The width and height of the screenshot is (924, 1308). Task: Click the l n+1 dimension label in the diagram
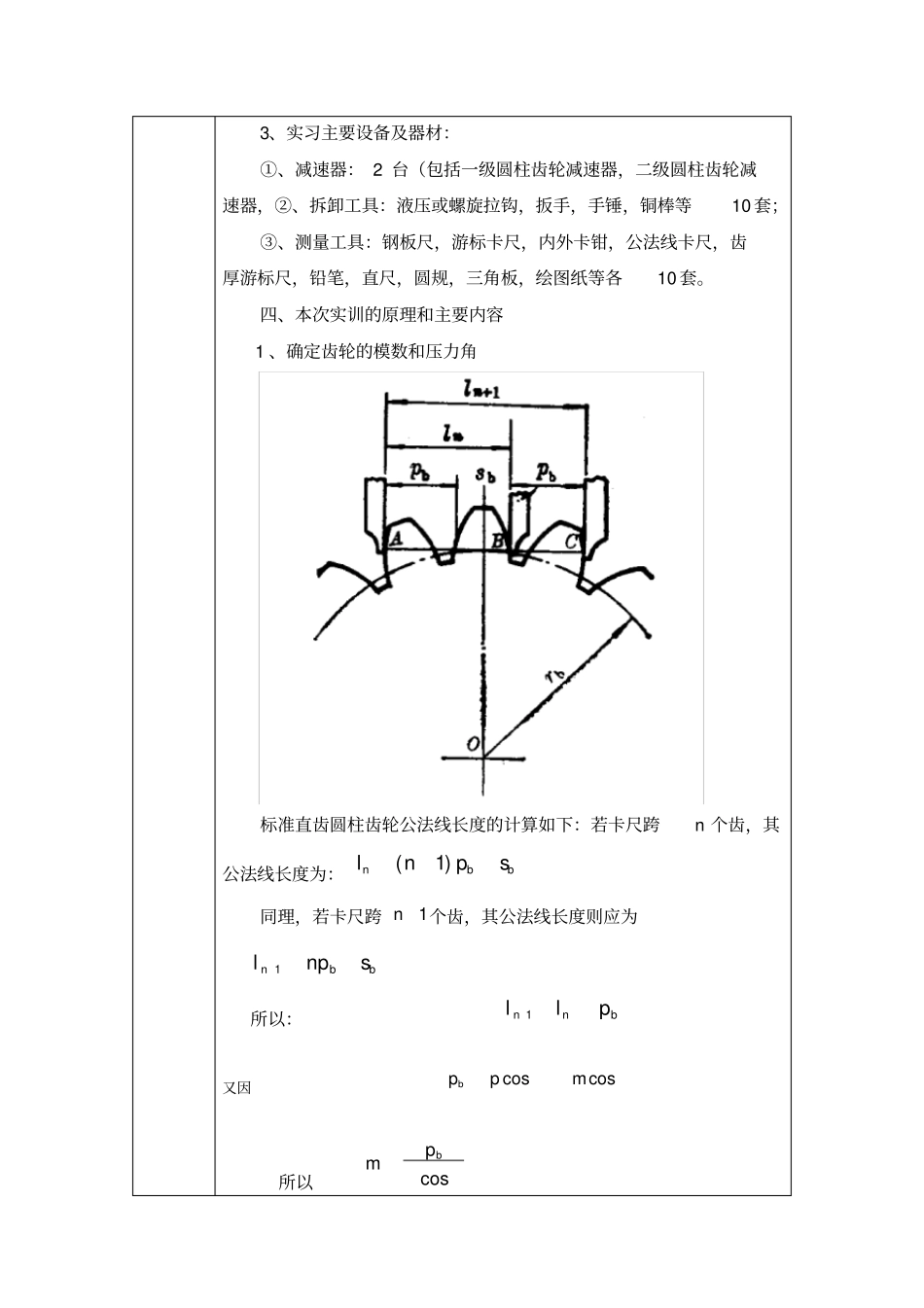[x=482, y=389]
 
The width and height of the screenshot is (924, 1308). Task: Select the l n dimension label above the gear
[x=450, y=434]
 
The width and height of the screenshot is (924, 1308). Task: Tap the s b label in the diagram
[x=486, y=476]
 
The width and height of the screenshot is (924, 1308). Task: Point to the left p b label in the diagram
[x=419, y=472]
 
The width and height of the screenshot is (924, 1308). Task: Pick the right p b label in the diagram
[x=548, y=473]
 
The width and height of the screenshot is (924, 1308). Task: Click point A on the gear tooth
[x=396, y=538]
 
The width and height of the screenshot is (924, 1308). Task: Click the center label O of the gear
[x=473, y=744]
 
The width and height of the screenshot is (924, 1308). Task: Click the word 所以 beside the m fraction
[x=296, y=1183]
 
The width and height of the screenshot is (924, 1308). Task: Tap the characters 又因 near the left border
[x=237, y=1088]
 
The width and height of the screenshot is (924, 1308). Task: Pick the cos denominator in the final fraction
[x=434, y=1180]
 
